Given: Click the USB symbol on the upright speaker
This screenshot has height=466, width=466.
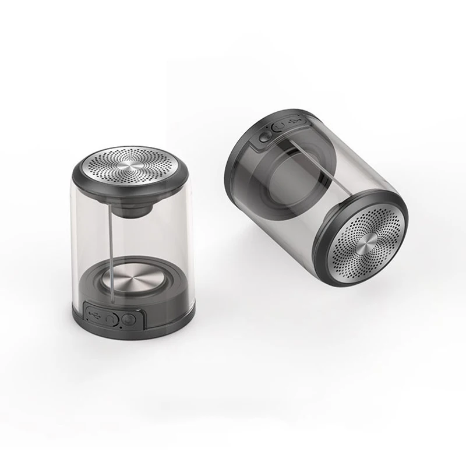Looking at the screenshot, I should pos(95,315).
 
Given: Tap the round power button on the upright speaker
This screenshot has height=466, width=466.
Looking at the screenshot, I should pos(129,320).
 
